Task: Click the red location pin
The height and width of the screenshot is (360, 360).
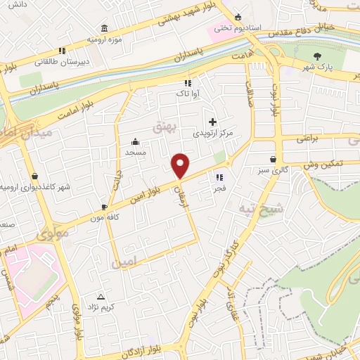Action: click(x=181, y=166)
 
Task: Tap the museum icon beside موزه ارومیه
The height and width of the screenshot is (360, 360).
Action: click(x=105, y=28)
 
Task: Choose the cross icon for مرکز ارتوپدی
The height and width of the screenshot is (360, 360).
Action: click(x=212, y=122)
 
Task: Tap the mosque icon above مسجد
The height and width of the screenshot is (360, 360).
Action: click(x=134, y=141)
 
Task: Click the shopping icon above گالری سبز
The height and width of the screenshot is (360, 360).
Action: click(x=273, y=159)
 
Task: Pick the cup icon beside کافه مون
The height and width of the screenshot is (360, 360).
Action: click(x=105, y=207)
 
